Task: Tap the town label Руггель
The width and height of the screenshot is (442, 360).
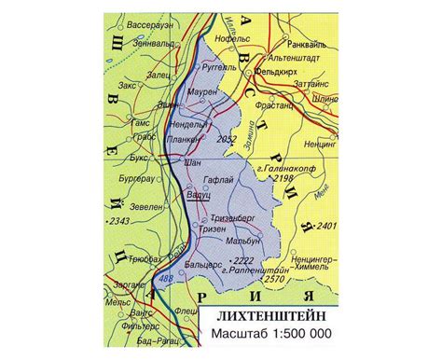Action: pos(221,67)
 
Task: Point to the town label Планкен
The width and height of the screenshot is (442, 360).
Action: pos(183,140)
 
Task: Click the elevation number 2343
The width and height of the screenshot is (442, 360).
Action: pos(117,221)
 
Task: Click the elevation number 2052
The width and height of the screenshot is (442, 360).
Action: pos(226,139)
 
